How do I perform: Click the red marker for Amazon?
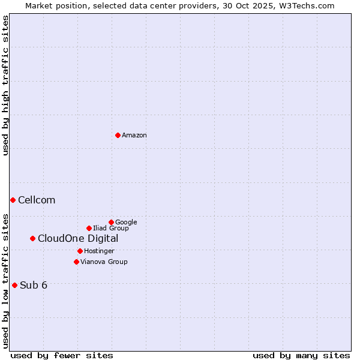point(118,135)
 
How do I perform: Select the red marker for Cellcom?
point(13,200)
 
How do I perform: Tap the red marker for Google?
point(111,222)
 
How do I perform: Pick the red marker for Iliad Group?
point(89,228)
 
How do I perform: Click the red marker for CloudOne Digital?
point(32,238)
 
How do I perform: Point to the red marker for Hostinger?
point(80,251)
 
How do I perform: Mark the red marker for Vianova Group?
point(76,262)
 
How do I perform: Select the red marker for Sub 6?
point(14,285)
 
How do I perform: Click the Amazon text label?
point(134,136)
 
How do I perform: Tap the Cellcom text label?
point(37,200)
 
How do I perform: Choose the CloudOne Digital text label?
point(78,239)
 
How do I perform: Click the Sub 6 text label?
point(34,286)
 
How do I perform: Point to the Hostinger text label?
point(99,251)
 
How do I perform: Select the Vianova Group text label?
point(104,262)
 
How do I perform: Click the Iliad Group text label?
point(111,229)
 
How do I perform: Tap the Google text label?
point(126,223)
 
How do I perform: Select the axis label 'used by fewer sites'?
point(62,355)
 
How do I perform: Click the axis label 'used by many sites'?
point(301,355)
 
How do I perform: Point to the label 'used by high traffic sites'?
point(5,85)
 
